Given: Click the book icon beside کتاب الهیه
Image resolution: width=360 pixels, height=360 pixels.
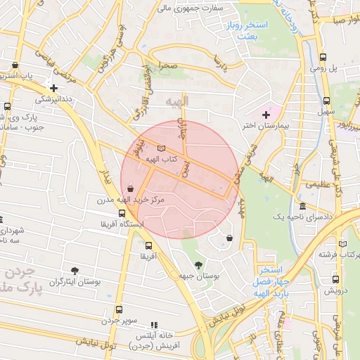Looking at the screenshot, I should (162, 149).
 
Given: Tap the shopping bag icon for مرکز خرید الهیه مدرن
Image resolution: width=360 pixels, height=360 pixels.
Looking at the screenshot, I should (131, 188).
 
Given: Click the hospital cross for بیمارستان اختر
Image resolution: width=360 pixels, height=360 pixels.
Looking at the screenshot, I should (266, 115).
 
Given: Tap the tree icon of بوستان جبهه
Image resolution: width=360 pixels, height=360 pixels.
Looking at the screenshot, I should (199, 265).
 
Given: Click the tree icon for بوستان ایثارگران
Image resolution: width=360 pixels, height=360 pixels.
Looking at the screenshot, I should (75, 271).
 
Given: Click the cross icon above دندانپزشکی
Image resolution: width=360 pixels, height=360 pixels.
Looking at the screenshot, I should (53, 88).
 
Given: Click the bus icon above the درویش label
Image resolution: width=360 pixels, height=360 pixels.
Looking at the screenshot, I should (335, 279).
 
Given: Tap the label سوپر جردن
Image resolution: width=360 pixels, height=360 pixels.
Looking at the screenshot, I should (118, 321).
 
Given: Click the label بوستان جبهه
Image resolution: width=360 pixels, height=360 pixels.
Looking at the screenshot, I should (199, 277).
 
